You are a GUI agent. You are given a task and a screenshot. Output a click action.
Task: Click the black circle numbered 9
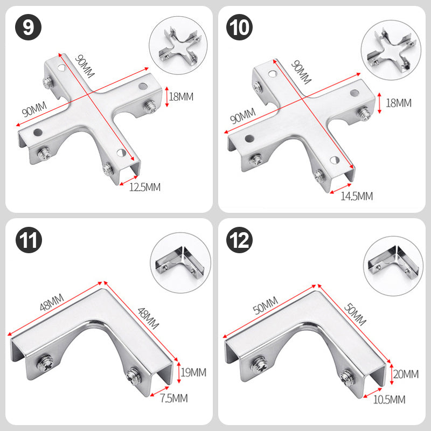(29, 27)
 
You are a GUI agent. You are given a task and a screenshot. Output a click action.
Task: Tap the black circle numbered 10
(239, 27)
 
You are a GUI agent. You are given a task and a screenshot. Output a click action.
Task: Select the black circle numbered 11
(29, 240)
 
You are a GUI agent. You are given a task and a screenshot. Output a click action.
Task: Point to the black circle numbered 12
(239, 240)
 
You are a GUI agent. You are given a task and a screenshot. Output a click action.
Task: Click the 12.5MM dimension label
(145, 187)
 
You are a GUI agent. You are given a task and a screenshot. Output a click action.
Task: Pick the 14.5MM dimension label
(357, 196)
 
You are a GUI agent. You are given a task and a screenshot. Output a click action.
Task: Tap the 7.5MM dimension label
(174, 398)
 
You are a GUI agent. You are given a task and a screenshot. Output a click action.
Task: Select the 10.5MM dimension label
(389, 399)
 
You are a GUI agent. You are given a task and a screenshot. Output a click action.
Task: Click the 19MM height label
(193, 372)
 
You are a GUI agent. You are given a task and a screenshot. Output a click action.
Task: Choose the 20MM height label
(406, 374)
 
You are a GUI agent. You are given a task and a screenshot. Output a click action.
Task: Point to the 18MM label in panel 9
(181, 97)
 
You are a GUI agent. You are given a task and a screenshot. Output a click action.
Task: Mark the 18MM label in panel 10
(399, 103)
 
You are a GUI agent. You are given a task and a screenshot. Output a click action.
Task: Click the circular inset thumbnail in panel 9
(178, 45)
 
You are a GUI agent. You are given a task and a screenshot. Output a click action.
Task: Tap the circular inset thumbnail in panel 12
(393, 266)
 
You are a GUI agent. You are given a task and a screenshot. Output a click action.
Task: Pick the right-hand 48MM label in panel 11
(148, 318)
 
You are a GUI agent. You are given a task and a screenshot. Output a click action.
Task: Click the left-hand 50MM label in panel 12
(265, 305)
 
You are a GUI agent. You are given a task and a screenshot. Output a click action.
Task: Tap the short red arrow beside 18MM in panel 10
(380, 103)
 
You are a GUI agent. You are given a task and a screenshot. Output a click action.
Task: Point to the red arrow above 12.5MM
(128, 180)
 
